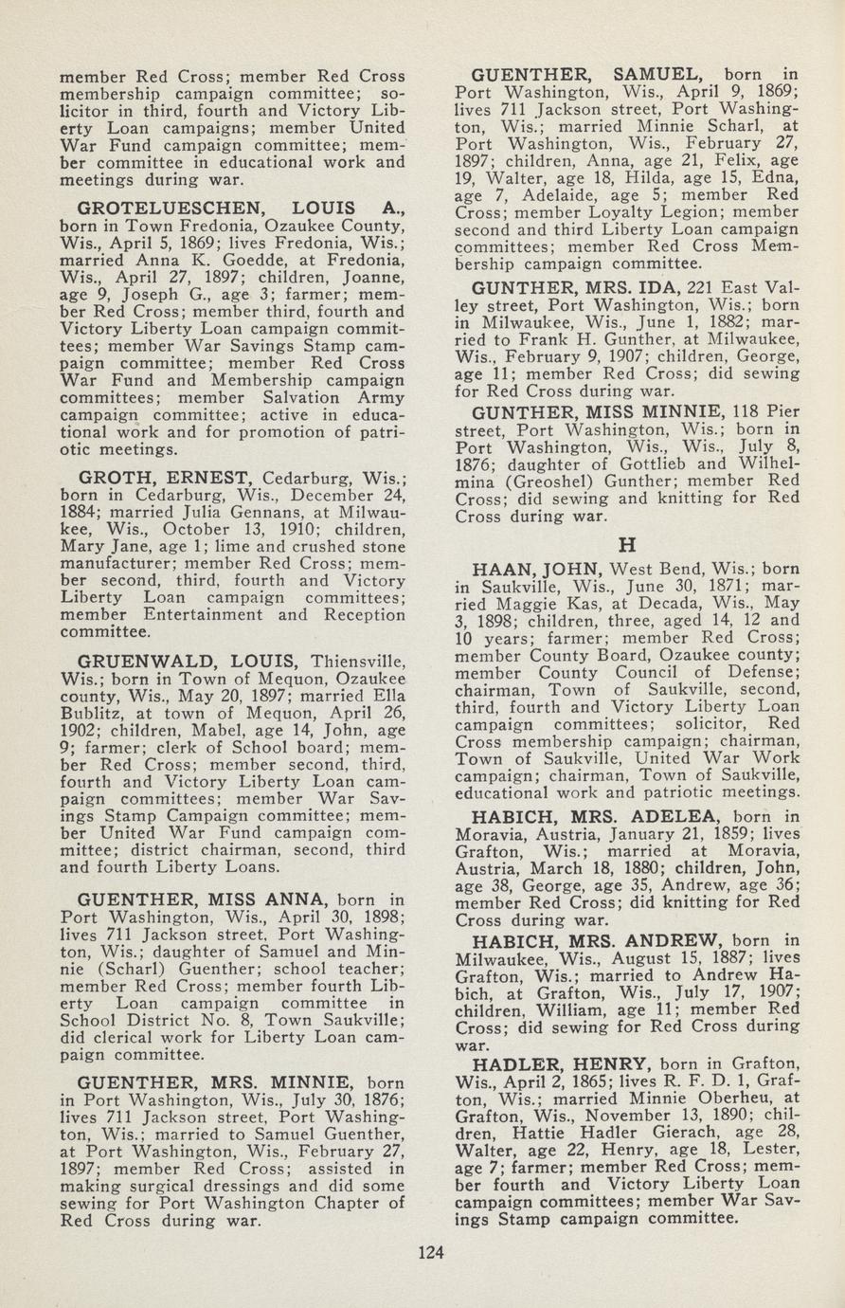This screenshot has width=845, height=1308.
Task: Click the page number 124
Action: [x=431, y=1253]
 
